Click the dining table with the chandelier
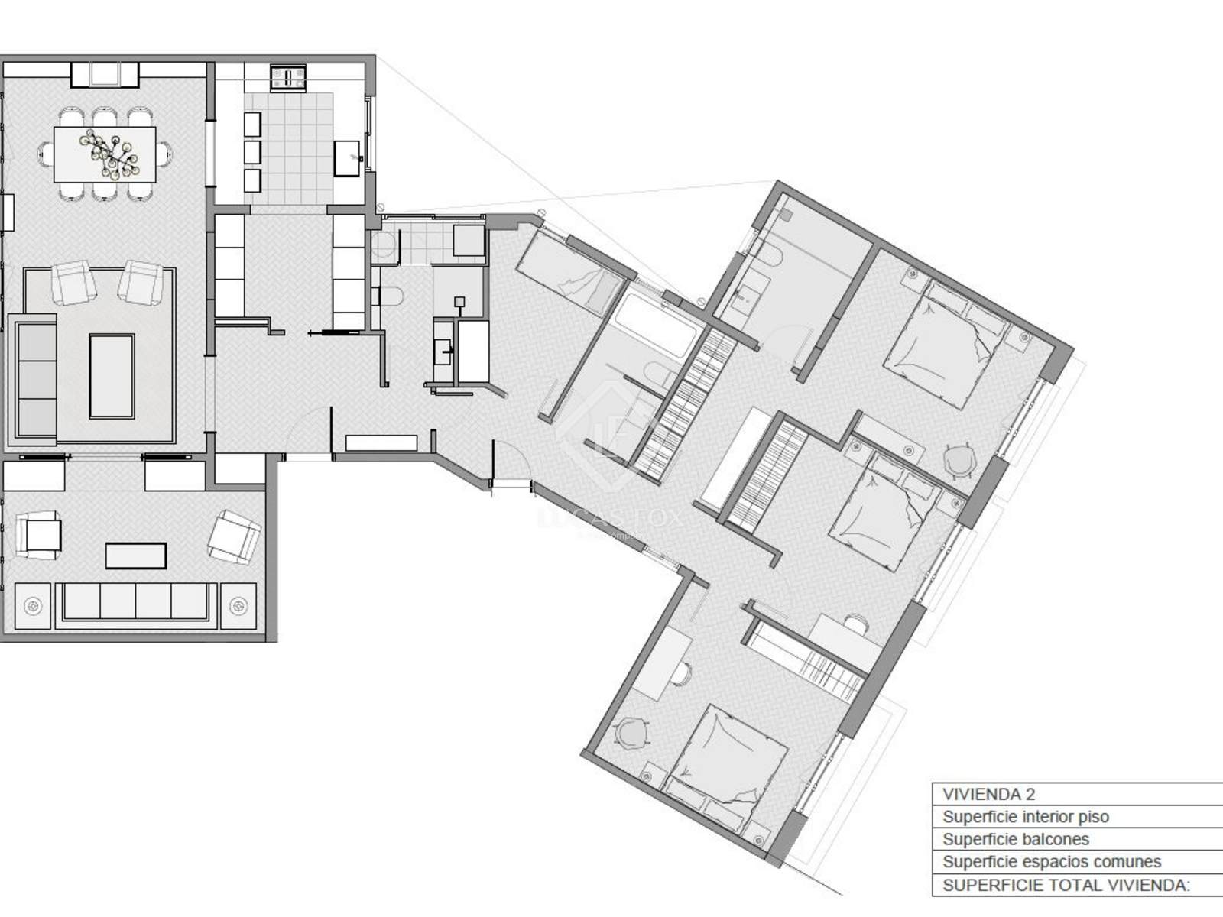point(105,155)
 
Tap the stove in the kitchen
point(288,77)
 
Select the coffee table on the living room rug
point(112,376)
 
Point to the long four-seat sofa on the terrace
point(136,602)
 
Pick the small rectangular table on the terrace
point(136,556)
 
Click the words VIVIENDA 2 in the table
point(988,794)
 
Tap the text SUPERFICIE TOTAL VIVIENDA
point(1066,885)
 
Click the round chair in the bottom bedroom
point(631,732)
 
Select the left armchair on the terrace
point(39,534)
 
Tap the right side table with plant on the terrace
point(238,606)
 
